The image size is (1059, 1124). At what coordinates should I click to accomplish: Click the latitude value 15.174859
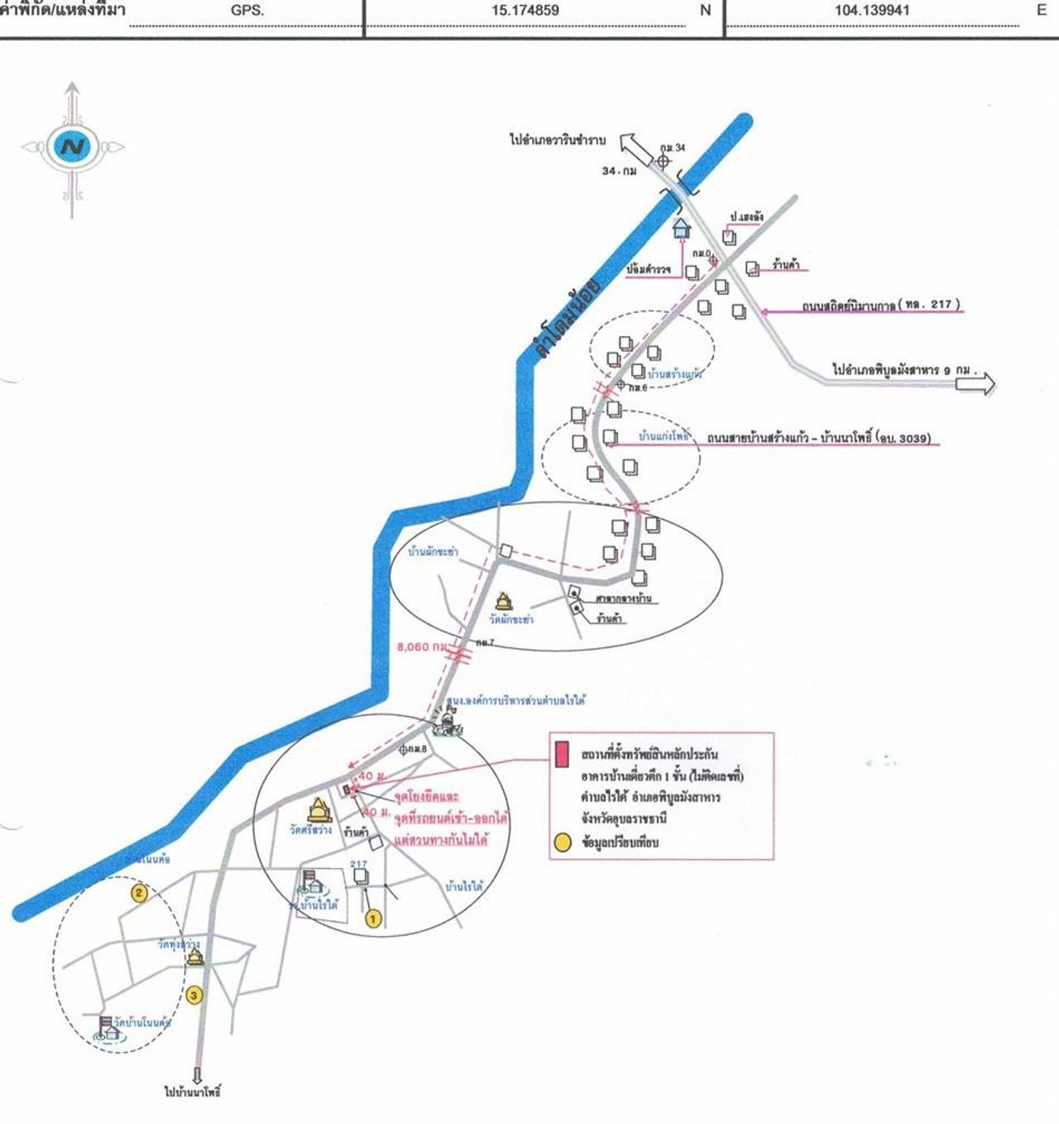(525, 11)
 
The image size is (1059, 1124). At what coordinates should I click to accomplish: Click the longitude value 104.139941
(872, 11)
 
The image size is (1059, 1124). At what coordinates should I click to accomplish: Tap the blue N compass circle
(73, 148)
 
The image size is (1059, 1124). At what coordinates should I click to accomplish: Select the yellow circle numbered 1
(372, 918)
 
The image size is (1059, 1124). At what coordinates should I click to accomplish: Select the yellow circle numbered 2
(139, 893)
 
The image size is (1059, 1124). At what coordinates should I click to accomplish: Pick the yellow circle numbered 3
(194, 995)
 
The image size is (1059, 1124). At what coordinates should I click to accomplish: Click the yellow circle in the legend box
(562, 843)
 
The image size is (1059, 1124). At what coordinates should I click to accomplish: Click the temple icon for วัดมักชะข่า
(502, 601)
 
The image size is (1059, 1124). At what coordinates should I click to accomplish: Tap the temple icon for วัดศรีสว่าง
(319, 809)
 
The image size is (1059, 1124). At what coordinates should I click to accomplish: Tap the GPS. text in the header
(247, 11)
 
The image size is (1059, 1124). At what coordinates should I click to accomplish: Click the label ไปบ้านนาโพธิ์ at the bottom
(193, 1092)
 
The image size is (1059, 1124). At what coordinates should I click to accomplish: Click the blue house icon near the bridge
(682, 227)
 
